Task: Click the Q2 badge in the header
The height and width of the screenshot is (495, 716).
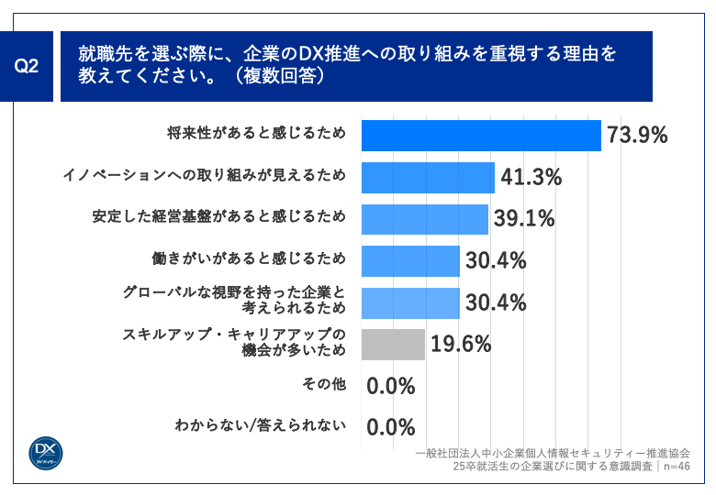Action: click(28, 67)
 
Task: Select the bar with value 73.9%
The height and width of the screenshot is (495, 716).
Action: click(481, 135)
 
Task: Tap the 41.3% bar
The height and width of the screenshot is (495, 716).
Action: click(428, 177)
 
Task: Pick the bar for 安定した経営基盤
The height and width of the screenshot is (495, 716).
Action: click(424, 219)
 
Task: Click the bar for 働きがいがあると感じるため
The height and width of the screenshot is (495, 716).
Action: click(410, 260)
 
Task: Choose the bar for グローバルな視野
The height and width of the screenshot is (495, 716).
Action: click(410, 302)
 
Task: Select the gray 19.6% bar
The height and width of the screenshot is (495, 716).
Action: click(393, 345)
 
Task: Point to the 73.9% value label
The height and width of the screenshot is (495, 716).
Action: click(636, 136)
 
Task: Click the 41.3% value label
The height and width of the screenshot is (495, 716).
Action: click(531, 177)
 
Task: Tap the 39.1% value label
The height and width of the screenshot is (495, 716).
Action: click(523, 219)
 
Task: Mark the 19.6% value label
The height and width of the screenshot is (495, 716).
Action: click(461, 345)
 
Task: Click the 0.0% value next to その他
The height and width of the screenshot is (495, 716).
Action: click(391, 386)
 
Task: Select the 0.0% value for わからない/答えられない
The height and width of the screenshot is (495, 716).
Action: click(391, 427)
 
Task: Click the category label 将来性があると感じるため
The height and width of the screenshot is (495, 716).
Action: click(256, 134)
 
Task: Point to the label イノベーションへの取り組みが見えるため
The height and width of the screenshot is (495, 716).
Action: click(203, 176)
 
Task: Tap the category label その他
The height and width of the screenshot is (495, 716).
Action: click(323, 384)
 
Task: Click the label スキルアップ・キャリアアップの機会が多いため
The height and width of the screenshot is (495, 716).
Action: click(234, 343)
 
